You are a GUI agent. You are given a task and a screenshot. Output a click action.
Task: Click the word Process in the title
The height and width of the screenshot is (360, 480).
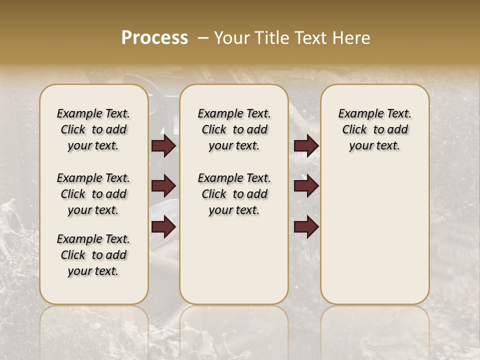point(154,37)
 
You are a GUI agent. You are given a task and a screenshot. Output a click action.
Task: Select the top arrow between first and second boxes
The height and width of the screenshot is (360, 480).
point(163,145)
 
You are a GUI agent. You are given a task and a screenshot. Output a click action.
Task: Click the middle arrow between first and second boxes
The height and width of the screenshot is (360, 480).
point(163,186)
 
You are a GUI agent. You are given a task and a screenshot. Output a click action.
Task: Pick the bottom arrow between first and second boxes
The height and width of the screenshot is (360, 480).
point(163,227)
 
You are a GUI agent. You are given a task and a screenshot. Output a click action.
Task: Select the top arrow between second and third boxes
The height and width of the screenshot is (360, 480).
point(306,145)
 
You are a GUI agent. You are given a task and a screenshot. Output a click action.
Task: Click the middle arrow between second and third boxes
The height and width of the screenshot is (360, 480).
point(306,186)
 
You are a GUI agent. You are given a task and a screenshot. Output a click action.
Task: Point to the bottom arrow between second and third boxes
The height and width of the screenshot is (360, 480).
point(306,227)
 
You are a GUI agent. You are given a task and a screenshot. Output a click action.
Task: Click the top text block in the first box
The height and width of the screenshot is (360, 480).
point(93,129)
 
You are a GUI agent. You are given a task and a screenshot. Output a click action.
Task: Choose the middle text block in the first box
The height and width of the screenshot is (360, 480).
point(93,194)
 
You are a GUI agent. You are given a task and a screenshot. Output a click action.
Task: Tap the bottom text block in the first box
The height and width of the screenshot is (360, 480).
point(93,255)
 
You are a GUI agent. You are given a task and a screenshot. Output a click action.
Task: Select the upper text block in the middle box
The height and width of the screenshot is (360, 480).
point(234,129)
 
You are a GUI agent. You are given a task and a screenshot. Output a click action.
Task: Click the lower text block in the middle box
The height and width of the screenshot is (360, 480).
point(234,194)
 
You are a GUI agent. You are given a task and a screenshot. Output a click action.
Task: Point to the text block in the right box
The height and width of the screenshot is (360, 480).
point(374,129)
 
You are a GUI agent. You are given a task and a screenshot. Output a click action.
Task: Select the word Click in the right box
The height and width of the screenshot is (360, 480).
point(354,130)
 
